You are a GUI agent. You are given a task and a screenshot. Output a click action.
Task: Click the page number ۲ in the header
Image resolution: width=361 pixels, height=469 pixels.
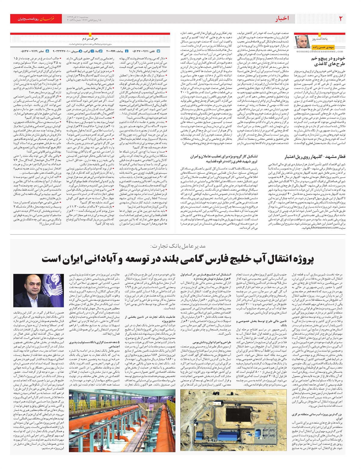tap(341, 19)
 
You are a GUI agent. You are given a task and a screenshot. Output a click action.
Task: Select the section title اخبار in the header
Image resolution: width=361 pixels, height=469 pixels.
tap(282, 19)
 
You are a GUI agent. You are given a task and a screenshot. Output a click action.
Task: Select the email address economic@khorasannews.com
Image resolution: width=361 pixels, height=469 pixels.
tap(319, 51)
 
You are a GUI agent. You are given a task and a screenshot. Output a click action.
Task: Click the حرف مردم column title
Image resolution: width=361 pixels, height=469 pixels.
tap(90, 39)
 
